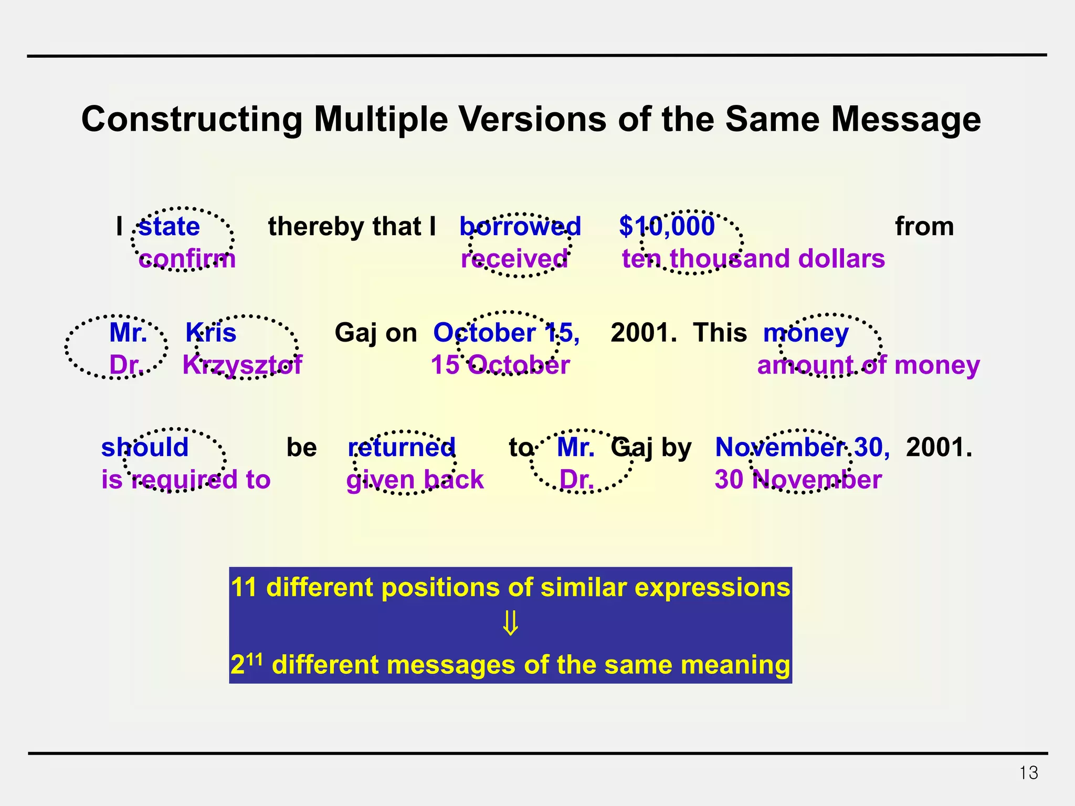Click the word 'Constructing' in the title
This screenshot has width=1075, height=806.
pyautogui.click(x=192, y=120)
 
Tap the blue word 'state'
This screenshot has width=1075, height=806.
pyautogui.click(x=169, y=227)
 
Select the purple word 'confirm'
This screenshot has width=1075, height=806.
pyautogui.click(x=187, y=259)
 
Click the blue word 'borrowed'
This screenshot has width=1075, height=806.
pyautogui.click(x=520, y=227)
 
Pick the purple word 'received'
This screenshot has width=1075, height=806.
pyautogui.click(x=514, y=259)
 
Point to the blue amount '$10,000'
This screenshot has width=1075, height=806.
pyautogui.click(x=667, y=227)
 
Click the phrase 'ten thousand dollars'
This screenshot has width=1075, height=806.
pyautogui.click(x=753, y=259)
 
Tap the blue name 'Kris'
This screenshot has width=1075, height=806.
pyautogui.click(x=211, y=333)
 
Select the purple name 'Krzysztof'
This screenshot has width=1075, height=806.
pyautogui.click(x=242, y=365)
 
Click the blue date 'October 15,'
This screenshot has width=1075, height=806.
pyautogui.click(x=507, y=333)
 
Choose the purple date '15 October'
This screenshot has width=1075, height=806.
pyautogui.click(x=500, y=365)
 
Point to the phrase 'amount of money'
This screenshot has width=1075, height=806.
pyautogui.click(x=868, y=365)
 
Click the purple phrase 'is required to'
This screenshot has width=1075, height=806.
pyautogui.click(x=186, y=480)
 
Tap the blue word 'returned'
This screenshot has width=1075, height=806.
pyautogui.click(x=402, y=448)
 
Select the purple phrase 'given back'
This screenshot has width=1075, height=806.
pyautogui.click(x=415, y=480)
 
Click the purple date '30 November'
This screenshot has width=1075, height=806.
pyautogui.click(x=798, y=480)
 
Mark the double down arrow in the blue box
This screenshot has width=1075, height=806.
pyautogui.click(x=511, y=623)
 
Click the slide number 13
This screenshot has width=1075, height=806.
pyautogui.click(x=1028, y=773)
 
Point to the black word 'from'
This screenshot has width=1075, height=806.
pyautogui.click(x=924, y=227)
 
